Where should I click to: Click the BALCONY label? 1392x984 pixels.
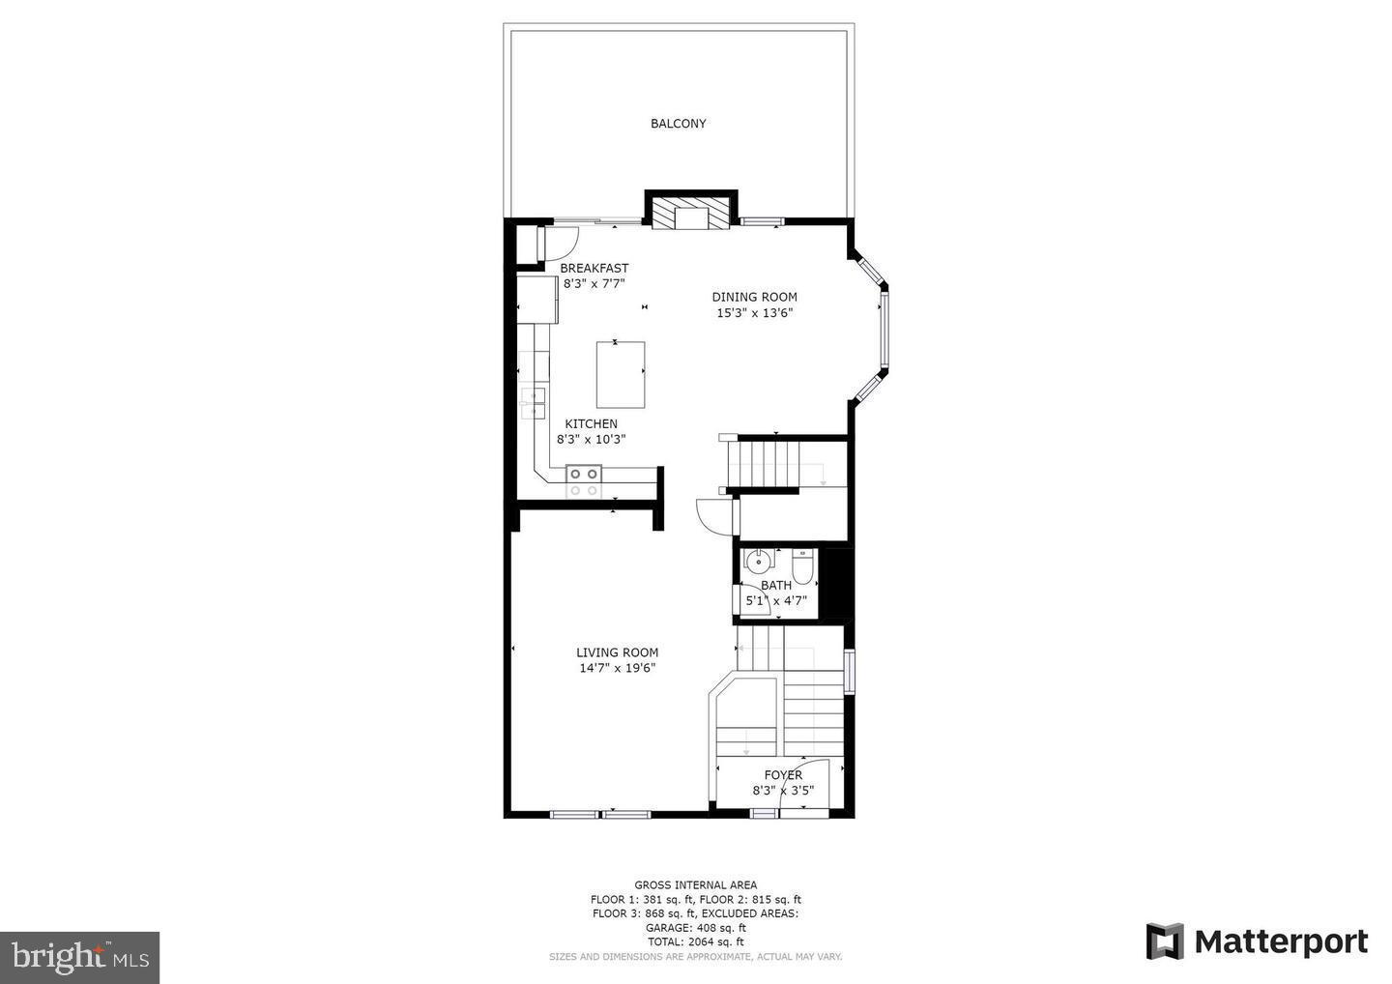tap(678, 124)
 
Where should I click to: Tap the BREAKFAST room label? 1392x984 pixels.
tap(594, 269)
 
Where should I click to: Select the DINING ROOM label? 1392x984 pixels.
tap(754, 298)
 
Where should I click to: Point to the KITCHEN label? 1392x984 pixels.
tap(591, 424)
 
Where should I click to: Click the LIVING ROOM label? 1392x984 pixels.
tap(617, 652)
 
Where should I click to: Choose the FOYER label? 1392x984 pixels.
tap(783, 775)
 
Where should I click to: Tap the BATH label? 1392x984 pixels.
tap(776, 585)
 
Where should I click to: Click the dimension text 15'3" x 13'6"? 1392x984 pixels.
tap(754, 313)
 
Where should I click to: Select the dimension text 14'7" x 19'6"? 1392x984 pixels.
tap(617, 668)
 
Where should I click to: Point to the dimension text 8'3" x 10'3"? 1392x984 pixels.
tap(591, 439)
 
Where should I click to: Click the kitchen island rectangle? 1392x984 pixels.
tap(620, 374)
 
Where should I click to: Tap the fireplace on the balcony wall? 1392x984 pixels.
tap(691, 214)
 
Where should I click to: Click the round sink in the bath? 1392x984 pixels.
tap(761, 561)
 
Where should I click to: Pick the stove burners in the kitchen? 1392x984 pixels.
tap(583, 481)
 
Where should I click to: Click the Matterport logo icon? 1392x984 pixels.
tap(1164, 941)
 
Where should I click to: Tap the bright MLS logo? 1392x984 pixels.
tap(79, 958)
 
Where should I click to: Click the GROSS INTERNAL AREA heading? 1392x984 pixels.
tap(695, 884)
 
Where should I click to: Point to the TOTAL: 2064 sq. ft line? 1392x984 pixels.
tap(695, 941)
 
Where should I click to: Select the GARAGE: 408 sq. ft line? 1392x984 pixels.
tap(695, 928)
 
